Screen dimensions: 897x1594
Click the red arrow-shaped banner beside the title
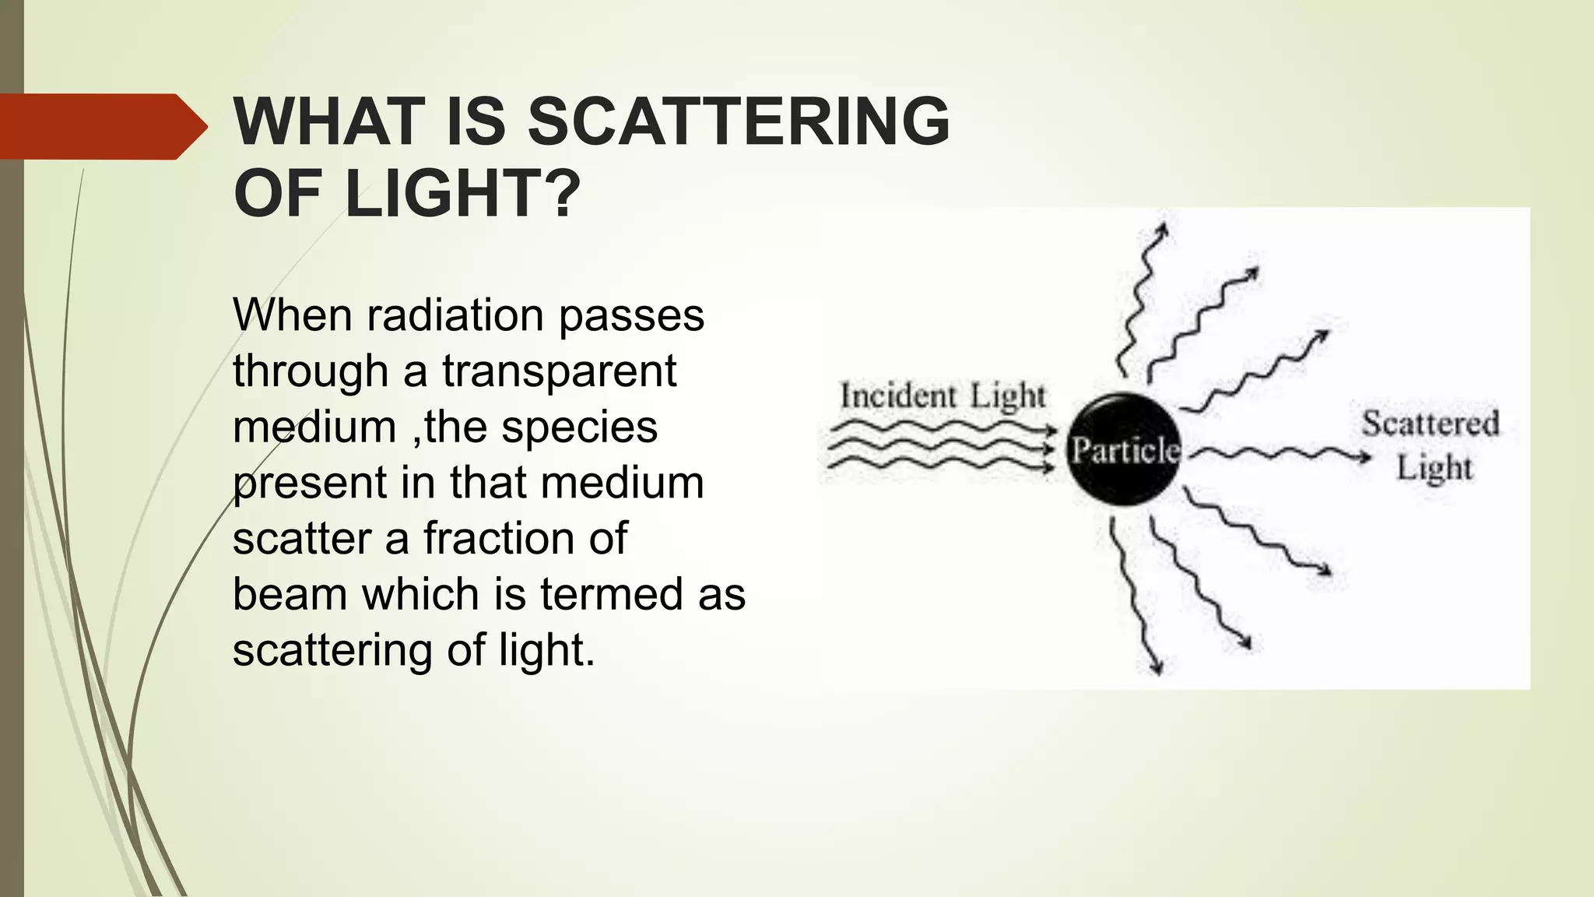point(101,127)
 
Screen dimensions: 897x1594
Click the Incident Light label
point(942,396)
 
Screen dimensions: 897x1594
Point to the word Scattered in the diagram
point(1430,424)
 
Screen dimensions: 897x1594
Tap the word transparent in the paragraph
point(559,371)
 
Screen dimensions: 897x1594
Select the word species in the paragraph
point(579,427)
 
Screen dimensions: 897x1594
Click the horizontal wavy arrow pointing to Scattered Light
point(1276,454)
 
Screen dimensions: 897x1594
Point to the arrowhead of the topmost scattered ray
point(1162,229)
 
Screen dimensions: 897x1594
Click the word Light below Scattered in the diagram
point(1434,469)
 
